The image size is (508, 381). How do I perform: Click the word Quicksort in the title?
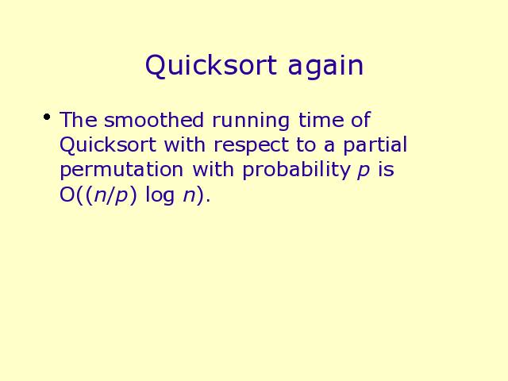[x=211, y=66]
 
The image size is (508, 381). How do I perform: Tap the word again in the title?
[x=325, y=67]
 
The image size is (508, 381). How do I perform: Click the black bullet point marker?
[x=47, y=117]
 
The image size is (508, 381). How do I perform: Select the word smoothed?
[x=154, y=120]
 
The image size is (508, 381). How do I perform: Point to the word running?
[x=251, y=121]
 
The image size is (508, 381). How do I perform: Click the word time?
[x=321, y=120]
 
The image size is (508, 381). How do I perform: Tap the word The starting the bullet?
[x=78, y=120]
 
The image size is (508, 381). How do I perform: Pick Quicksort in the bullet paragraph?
[x=108, y=144]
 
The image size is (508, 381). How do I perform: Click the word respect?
[x=251, y=146]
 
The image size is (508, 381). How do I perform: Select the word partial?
[x=375, y=145]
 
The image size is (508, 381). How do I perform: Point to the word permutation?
[x=121, y=171]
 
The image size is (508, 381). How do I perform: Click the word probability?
[x=297, y=170]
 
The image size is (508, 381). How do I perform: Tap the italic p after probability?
[x=364, y=171]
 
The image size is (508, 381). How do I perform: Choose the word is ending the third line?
[x=386, y=169]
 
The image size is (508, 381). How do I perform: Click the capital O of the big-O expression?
[x=67, y=195]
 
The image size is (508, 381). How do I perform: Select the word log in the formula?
[x=160, y=196]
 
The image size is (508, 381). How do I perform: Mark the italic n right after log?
[x=190, y=196]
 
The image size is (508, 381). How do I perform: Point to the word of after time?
[x=361, y=120]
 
